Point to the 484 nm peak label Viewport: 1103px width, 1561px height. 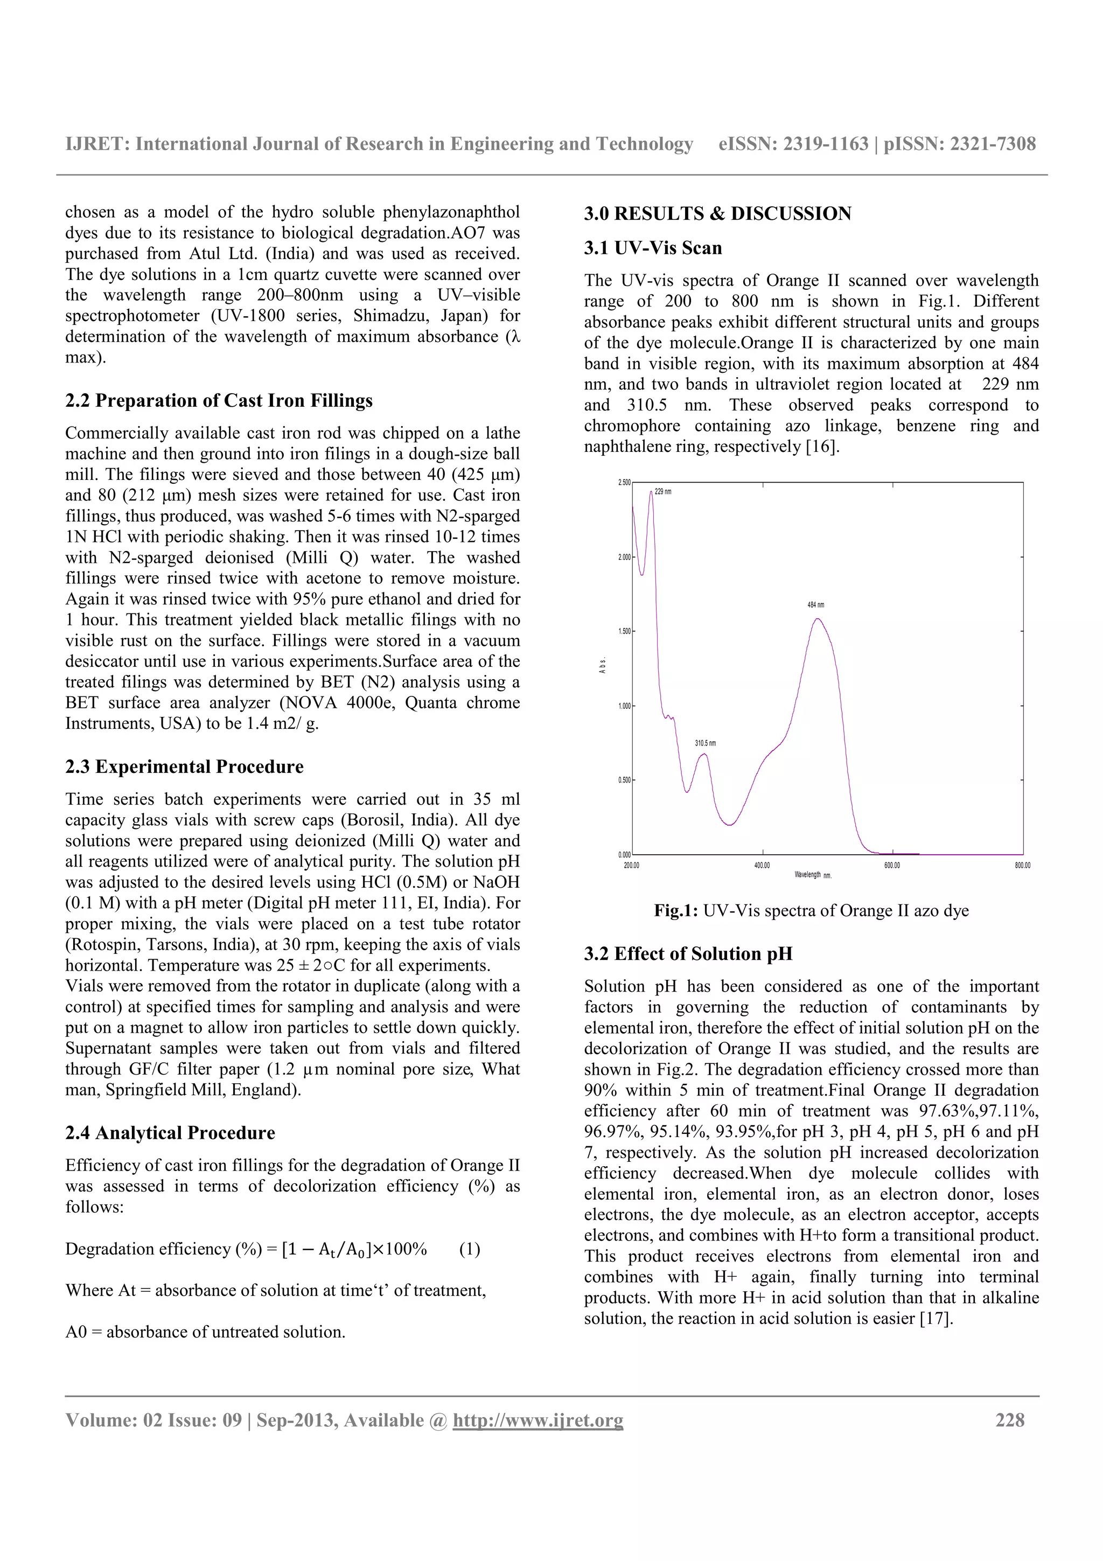click(815, 604)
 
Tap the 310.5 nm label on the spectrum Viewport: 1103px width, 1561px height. click(705, 743)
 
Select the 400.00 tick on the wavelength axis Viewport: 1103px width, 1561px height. click(762, 866)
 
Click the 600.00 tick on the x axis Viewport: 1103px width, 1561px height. click(892, 866)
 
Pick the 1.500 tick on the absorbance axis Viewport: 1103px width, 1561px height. click(624, 632)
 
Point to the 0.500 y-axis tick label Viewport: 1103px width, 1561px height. click(624, 780)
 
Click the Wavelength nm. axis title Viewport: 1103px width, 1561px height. click(813, 875)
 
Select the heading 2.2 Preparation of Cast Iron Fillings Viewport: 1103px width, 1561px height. click(219, 400)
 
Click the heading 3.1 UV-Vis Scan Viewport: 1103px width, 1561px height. click(652, 248)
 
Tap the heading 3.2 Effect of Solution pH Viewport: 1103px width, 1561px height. click(688, 954)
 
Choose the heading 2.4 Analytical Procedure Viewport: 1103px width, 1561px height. click(170, 1133)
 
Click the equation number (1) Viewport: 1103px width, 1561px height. click(469, 1249)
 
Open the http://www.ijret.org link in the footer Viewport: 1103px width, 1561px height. click(537, 1420)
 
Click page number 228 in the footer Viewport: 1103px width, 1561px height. click(1010, 1420)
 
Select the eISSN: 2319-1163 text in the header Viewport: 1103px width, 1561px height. click(793, 144)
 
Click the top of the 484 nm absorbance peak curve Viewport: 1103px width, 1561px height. click(818, 619)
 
